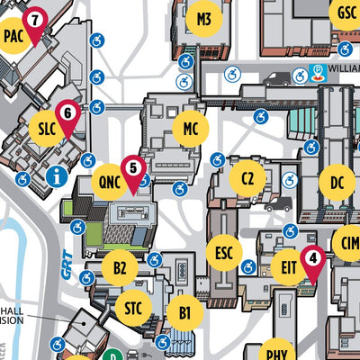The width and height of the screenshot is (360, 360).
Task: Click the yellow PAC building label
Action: click(x=13, y=36)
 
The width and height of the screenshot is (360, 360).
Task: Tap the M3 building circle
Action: click(x=204, y=18)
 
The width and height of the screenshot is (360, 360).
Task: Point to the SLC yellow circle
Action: click(x=48, y=128)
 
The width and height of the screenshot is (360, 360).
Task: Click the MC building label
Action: click(x=190, y=129)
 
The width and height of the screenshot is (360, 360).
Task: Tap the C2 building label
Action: click(x=247, y=178)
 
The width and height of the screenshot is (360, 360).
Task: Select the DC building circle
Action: click(x=337, y=184)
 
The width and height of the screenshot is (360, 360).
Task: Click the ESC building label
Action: click(x=224, y=252)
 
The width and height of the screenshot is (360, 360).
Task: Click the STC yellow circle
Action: click(x=133, y=309)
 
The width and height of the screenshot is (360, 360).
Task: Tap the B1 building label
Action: click(x=184, y=313)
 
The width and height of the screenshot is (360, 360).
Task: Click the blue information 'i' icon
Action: click(x=59, y=175)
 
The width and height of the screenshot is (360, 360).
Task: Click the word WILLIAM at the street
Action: click(x=345, y=66)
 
